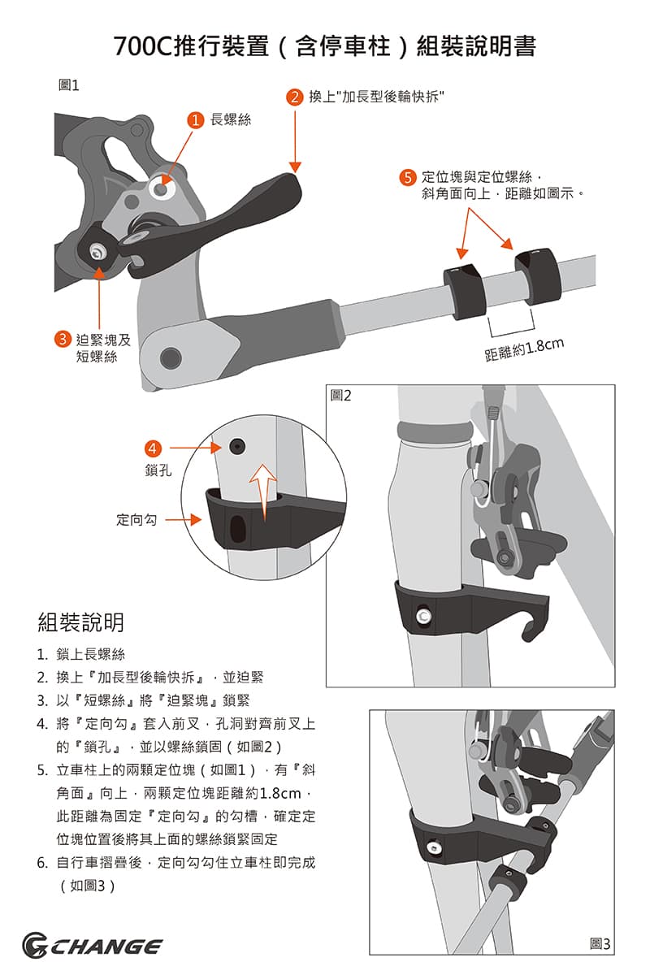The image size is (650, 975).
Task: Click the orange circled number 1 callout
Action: point(194,120)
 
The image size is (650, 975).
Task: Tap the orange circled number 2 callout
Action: point(295,97)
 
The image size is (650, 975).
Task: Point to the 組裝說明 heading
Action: point(81,622)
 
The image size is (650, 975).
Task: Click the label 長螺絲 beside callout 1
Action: point(231,120)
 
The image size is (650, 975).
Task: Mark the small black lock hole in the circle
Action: point(236,445)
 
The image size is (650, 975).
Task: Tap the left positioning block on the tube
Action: point(464,290)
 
